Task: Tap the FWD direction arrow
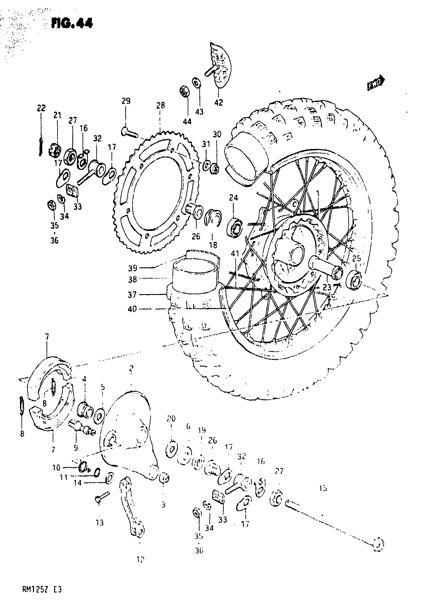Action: (376, 83)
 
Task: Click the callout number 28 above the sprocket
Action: (161, 105)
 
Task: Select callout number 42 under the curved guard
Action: (219, 103)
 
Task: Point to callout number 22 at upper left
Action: (41, 108)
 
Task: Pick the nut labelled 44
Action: (184, 92)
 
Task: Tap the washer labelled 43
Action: (196, 83)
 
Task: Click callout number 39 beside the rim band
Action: (133, 268)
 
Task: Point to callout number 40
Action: (132, 309)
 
